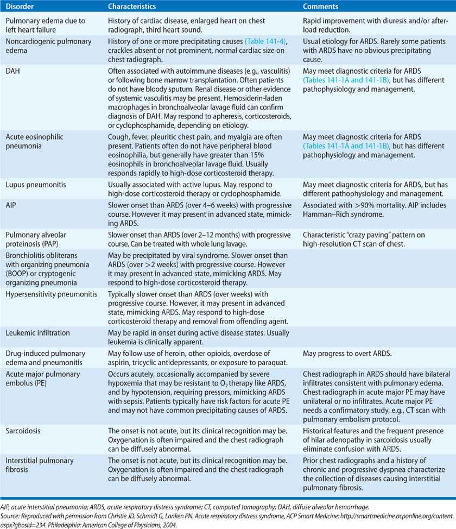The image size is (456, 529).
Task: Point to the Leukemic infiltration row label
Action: pyautogui.click(x=39, y=331)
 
